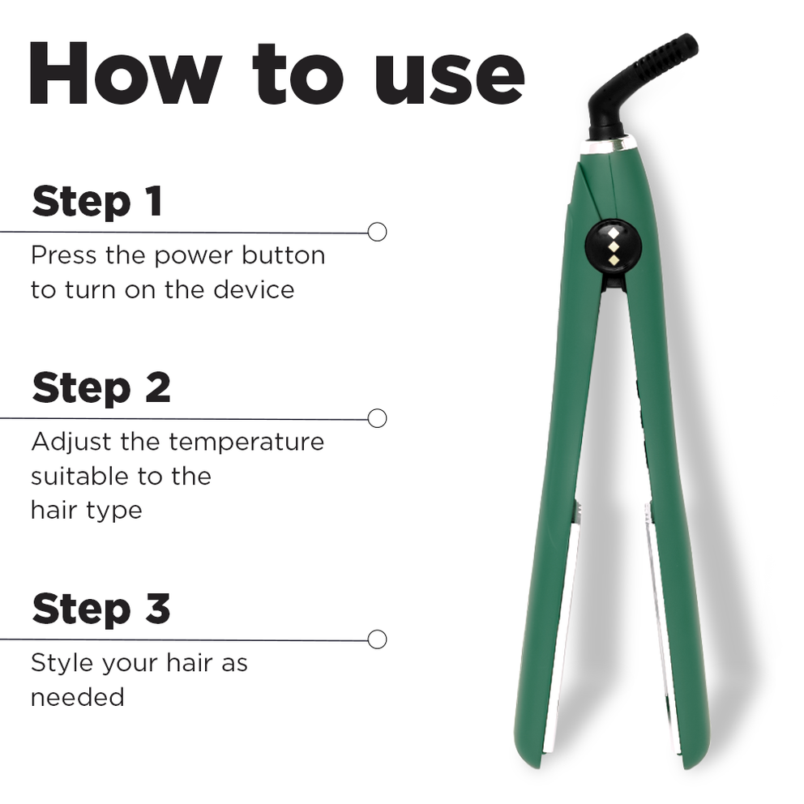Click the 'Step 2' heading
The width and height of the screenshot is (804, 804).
pos(101,388)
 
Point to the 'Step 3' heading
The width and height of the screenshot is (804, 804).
pos(101,609)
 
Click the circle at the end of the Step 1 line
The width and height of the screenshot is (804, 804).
pos(377,232)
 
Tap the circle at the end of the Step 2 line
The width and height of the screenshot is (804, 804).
pos(377,418)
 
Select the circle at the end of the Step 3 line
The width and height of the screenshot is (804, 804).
pos(377,639)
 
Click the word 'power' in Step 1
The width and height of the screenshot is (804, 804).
pos(193,256)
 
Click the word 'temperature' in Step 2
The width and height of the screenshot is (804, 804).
pos(246,443)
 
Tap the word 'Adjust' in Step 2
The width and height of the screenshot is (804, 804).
pos(69,443)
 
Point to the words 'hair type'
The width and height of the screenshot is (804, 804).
pos(86,511)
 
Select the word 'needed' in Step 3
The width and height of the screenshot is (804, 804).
pos(78,697)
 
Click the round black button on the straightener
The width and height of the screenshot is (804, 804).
pos(613,246)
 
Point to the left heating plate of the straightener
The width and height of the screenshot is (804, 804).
pos(562,624)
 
